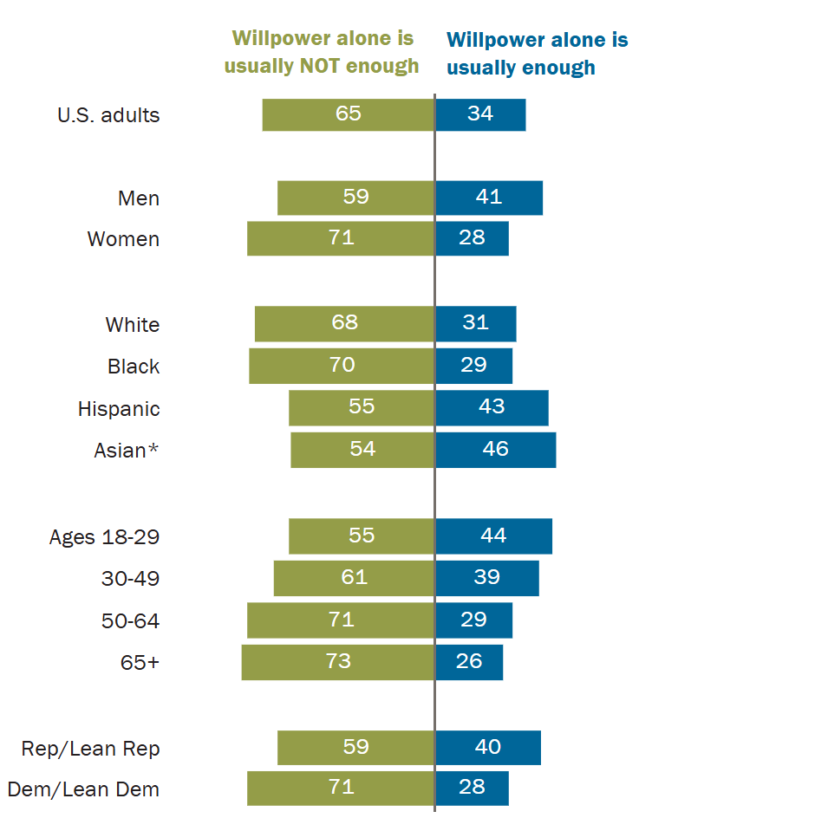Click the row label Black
pyautogui.click(x=134, y=367)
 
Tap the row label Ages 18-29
pyautogui.click(x=104, y=537)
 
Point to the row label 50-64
pyautogui.click(x=131, y=621)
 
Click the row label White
pyautogui.click(x=133, y=325)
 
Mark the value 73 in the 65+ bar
pyautogui.click(x=338, y=661)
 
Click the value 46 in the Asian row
pyautogui.click(x=495, y=449)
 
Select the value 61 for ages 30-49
pyautogui.click(x=354, y=577)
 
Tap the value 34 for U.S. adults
pyautogui.click(x=480, y=114)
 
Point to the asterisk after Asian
pyautogui.click(x=153, y=450)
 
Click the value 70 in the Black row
pyautogui.click(x=342, y=365)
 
